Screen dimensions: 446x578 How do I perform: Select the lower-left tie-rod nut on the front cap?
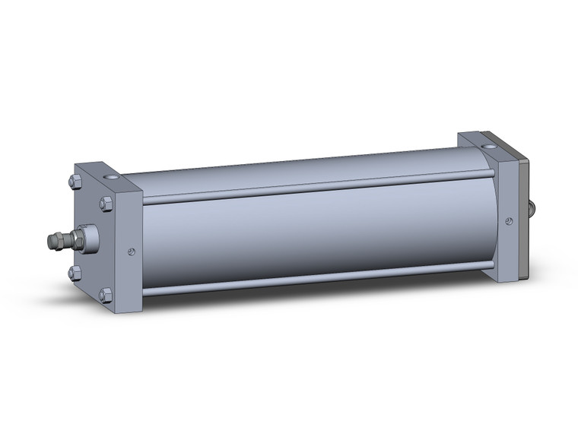74,270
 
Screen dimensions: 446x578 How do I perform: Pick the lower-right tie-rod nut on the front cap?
106,294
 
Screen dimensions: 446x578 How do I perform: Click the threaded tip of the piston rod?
54,241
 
